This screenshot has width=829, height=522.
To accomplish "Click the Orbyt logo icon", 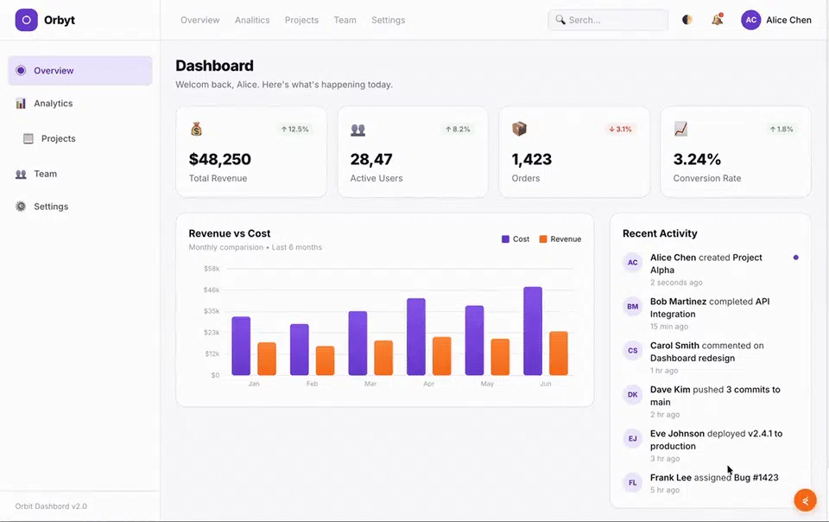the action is tap(26, 20).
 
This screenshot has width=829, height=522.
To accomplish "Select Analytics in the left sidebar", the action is tap(53, 103).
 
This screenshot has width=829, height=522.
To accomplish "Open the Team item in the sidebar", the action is tap(45, 174).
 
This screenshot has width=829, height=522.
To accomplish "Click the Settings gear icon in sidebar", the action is tap(21, 207).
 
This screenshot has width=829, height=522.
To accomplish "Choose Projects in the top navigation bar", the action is tap(301, 20).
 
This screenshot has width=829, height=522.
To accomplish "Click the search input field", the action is tap(608, 20).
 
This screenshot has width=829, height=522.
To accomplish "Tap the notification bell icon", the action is tap(717, 20).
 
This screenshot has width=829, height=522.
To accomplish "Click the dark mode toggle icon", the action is tap(687, 20).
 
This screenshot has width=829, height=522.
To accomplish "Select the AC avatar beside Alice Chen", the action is tap(750, 20).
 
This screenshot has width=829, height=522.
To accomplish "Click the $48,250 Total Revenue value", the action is tap(220, 159).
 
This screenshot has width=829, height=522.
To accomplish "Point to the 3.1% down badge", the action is tap(620, 129).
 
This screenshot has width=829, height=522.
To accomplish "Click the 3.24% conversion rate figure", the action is tap(697, 159).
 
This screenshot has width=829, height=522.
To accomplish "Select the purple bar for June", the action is tap(533, 331).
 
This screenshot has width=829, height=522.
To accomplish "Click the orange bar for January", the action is tap(267, 360).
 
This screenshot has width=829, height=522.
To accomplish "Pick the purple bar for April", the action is tap(416, 337).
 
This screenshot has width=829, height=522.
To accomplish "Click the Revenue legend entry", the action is tap(560, 239).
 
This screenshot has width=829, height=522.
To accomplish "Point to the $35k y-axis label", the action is tap(212, 311).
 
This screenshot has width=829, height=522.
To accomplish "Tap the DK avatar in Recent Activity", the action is tap(632, 395).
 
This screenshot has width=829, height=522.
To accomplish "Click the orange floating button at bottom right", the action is tap(805, 500).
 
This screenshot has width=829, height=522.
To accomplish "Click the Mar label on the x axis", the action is tap(370, 384).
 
